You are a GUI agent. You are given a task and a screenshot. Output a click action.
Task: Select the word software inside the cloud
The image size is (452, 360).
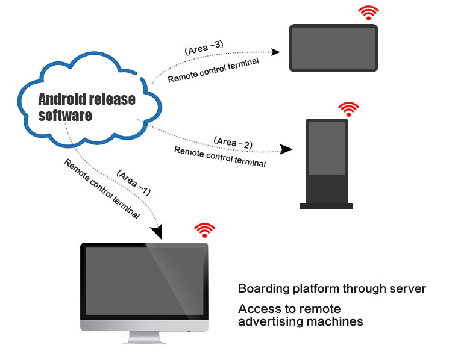pyautogui.click(x=65, y=115)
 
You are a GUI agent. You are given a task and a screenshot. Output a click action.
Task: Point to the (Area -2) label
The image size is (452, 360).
pyautogui.click(x=233, y=143)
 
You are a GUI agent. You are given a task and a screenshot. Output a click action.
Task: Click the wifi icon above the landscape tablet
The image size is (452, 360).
pyautogui.click(x=368, y=13)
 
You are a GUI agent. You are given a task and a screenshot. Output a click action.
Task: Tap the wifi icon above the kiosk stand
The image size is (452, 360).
pyautogui.click(x=348, y=109)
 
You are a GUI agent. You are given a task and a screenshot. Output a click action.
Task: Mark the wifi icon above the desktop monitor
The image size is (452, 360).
pyautogui.click(x=204, y=230)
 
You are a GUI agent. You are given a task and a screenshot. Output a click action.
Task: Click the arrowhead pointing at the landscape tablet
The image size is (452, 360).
pyautogui.click(x=275, y=52)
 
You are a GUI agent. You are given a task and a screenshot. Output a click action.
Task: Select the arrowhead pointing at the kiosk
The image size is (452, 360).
pyautogui.click(x=287, y=147)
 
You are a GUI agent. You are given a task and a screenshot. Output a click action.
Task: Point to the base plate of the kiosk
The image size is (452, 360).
pyautogui.click(x=326, y=206)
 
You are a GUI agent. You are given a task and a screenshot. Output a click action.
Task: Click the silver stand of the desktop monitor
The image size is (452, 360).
pyautogui.click(x=145, y=337)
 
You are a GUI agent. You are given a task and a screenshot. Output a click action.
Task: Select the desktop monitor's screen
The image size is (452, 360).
pyautogui.click(x=145, y=282)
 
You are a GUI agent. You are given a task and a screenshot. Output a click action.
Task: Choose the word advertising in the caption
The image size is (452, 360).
pyautogui.click(x=269, y=321)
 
